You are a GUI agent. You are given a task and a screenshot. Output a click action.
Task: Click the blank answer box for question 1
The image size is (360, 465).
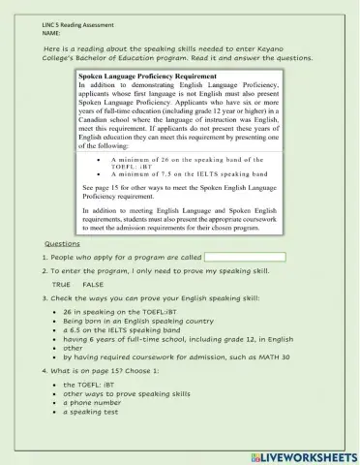click(245, 258)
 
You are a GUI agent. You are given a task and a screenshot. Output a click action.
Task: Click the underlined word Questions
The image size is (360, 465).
click(62, 243)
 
